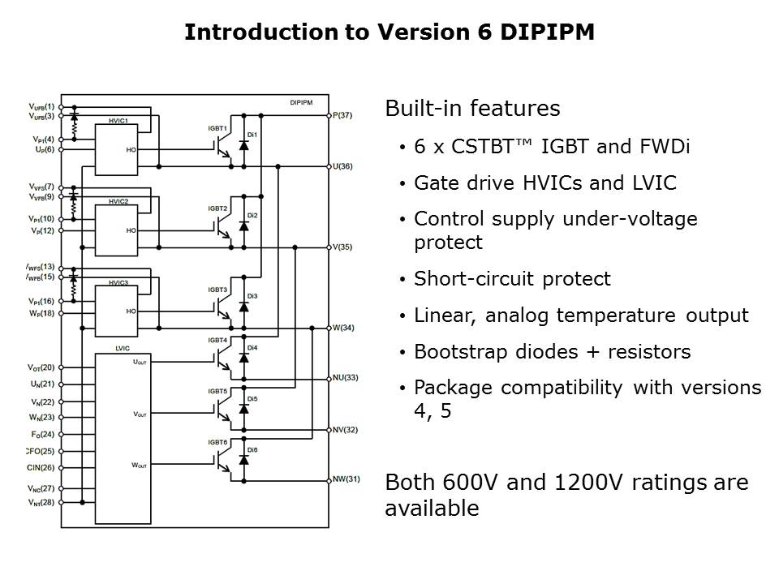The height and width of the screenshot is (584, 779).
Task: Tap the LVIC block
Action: tap(123, 438)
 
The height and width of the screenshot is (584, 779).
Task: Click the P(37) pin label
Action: tap(342, 115)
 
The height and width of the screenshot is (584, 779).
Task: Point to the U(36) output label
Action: tap(342, 166)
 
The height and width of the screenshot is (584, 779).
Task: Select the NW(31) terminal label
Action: tap(345, 479)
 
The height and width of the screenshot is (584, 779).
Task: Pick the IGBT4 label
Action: tap(217, 339)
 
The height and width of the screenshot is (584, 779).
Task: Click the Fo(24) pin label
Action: tap(41, 434)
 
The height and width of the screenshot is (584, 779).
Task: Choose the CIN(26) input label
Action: tap(41, 467)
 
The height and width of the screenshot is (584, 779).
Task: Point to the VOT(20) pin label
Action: tap(41, 367)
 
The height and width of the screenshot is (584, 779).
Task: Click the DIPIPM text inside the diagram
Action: tap(305, 103)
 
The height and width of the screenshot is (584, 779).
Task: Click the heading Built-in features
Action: tap(472, 109)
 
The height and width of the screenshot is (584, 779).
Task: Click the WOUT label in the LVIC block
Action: tap(140, 466)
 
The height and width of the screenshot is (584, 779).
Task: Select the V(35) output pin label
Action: tap(342, 247)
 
